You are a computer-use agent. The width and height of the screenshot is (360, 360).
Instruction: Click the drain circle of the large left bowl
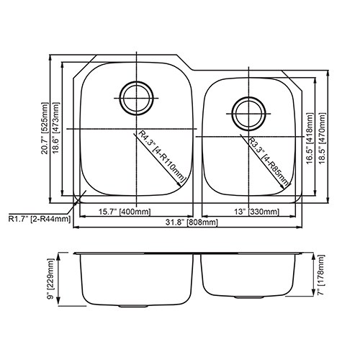pyautogui.click(x=136, y=82)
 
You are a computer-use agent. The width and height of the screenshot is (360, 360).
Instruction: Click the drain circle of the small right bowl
pyautogui.click(x=248, y=97)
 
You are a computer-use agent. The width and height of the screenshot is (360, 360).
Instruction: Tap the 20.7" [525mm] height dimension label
pyautogui.click(x=45, y=128)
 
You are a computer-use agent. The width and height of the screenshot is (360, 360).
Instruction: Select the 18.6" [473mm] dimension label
pyautogui.click(x=55, y=128)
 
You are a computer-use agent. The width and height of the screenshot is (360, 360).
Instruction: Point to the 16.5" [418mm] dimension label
pyautogui.click(x=310, y=138)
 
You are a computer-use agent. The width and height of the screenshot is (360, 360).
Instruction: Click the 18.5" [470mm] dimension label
pyautogui.click(x=322, y=138)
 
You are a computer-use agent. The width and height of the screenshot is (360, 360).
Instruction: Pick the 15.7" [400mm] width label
pyautogui.click(x=125, y=212)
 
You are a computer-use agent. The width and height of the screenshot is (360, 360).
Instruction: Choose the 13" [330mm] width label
pyautogui.click(x=256, y=212)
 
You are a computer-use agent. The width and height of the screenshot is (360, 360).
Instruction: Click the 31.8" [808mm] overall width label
pyautogui.click(x=192, y=222)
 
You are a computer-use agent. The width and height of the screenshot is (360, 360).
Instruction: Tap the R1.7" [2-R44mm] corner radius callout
pyautogui.click(x=40, y=219)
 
